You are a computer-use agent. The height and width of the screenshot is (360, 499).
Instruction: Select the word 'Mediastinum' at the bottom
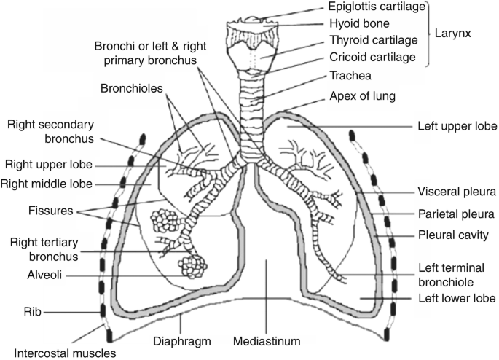pyautogui.click(x=267, y=340)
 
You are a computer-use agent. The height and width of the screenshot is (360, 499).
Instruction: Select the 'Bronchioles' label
pyautogui.click(x=131, y=90)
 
